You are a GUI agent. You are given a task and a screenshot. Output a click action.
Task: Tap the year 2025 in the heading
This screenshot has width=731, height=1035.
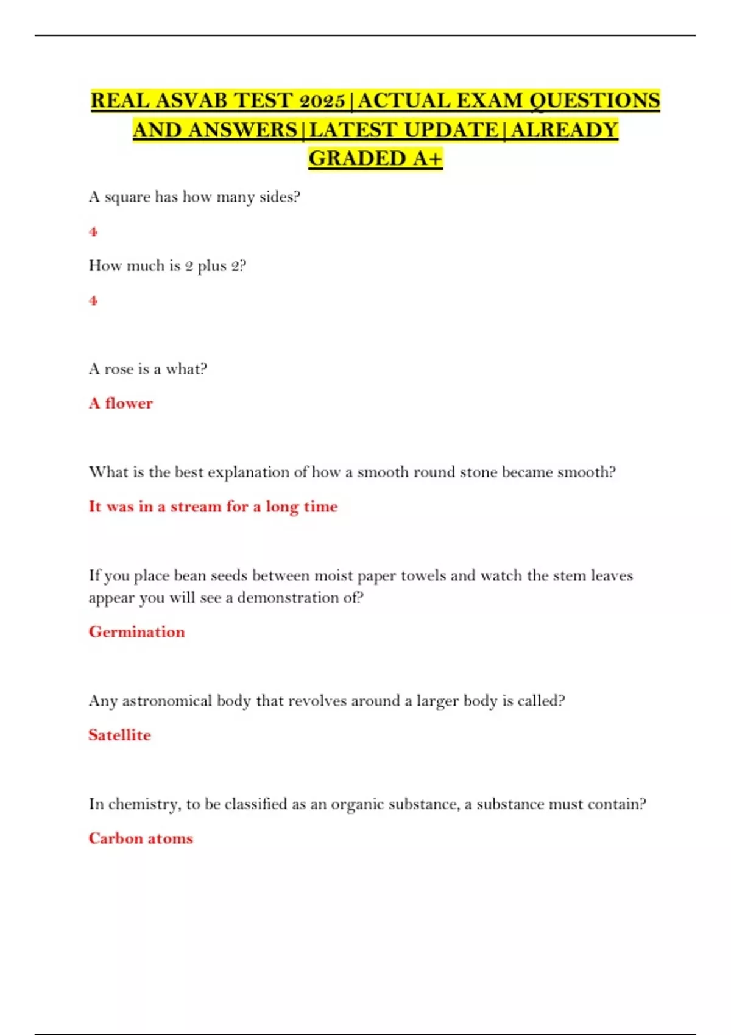point(322,100)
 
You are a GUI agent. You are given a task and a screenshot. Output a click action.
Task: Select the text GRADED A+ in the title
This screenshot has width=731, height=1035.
point(375,158)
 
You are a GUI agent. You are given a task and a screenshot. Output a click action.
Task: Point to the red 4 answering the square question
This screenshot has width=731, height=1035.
point(93,231)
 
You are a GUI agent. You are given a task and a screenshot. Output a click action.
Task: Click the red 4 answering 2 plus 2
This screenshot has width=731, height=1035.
point(93,300)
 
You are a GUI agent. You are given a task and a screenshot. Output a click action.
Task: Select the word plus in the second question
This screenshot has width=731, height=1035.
point(212,266)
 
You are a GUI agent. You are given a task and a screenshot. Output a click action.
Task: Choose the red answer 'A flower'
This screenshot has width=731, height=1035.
point(121,403)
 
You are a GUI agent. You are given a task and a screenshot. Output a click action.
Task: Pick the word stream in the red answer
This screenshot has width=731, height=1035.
point(196,507)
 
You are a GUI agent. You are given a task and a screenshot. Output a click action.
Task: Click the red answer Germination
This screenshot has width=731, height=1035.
point(136,631)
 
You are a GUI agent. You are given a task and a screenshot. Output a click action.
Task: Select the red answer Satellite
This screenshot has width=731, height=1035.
point(119,735)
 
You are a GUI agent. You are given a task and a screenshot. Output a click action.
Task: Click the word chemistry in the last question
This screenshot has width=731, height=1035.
point(144,804)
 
